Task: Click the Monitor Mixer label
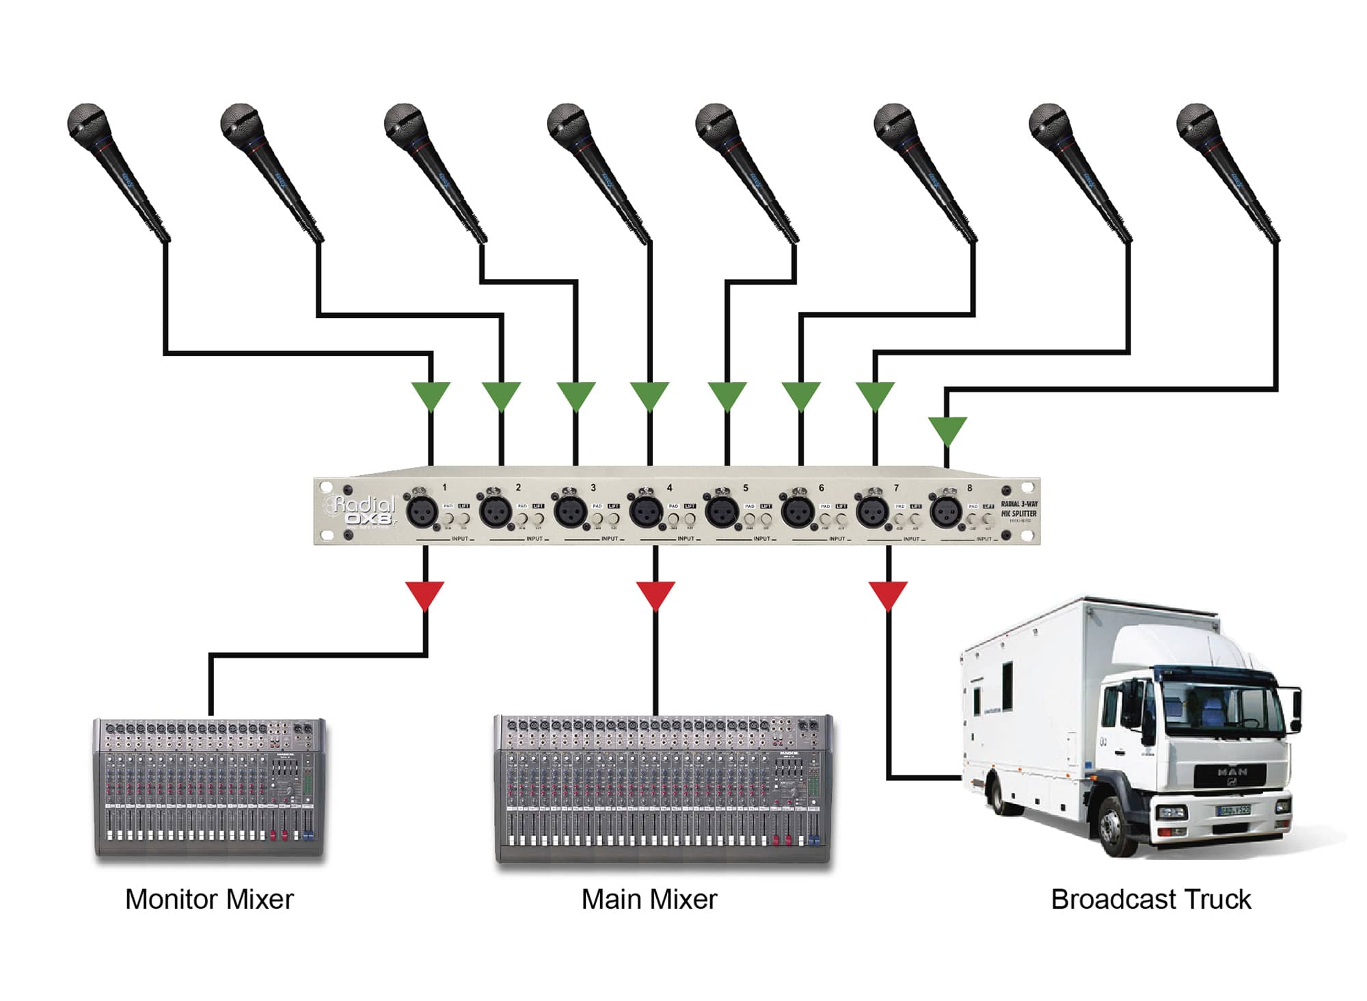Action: click(x=209, y=900)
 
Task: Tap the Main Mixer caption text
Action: click(x=649, y=900)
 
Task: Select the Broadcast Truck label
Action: click(x=1151, y=900)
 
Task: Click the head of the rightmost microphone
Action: click(x=1196, y=124)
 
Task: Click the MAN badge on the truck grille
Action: click(x=1232, y=771)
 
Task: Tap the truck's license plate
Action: click(x=1234, y=810)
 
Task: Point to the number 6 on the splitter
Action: click(x=821, y=488)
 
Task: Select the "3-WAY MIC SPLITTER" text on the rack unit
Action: click(x=1018, y=509)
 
